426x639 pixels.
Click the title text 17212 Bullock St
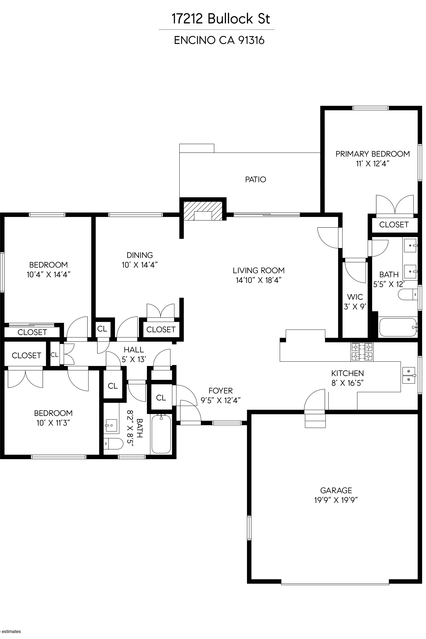click(x=221, y=19)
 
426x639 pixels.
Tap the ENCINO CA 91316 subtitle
click(x=219, y=40)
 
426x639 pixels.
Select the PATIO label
click(x=255, y=179)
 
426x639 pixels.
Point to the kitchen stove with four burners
click(x=362, y=352)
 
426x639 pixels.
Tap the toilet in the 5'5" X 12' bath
click(x=408, y=295)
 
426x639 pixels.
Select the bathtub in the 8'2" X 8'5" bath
click(x=161, y=434)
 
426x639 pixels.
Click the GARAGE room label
click(x=336, y=490)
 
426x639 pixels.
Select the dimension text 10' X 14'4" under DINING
click(x=140, y=265)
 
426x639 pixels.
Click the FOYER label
click(x=221, y=391)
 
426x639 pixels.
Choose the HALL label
click(x=134, y=350)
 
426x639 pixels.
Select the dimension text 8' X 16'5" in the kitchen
click(x=348, y=383)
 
